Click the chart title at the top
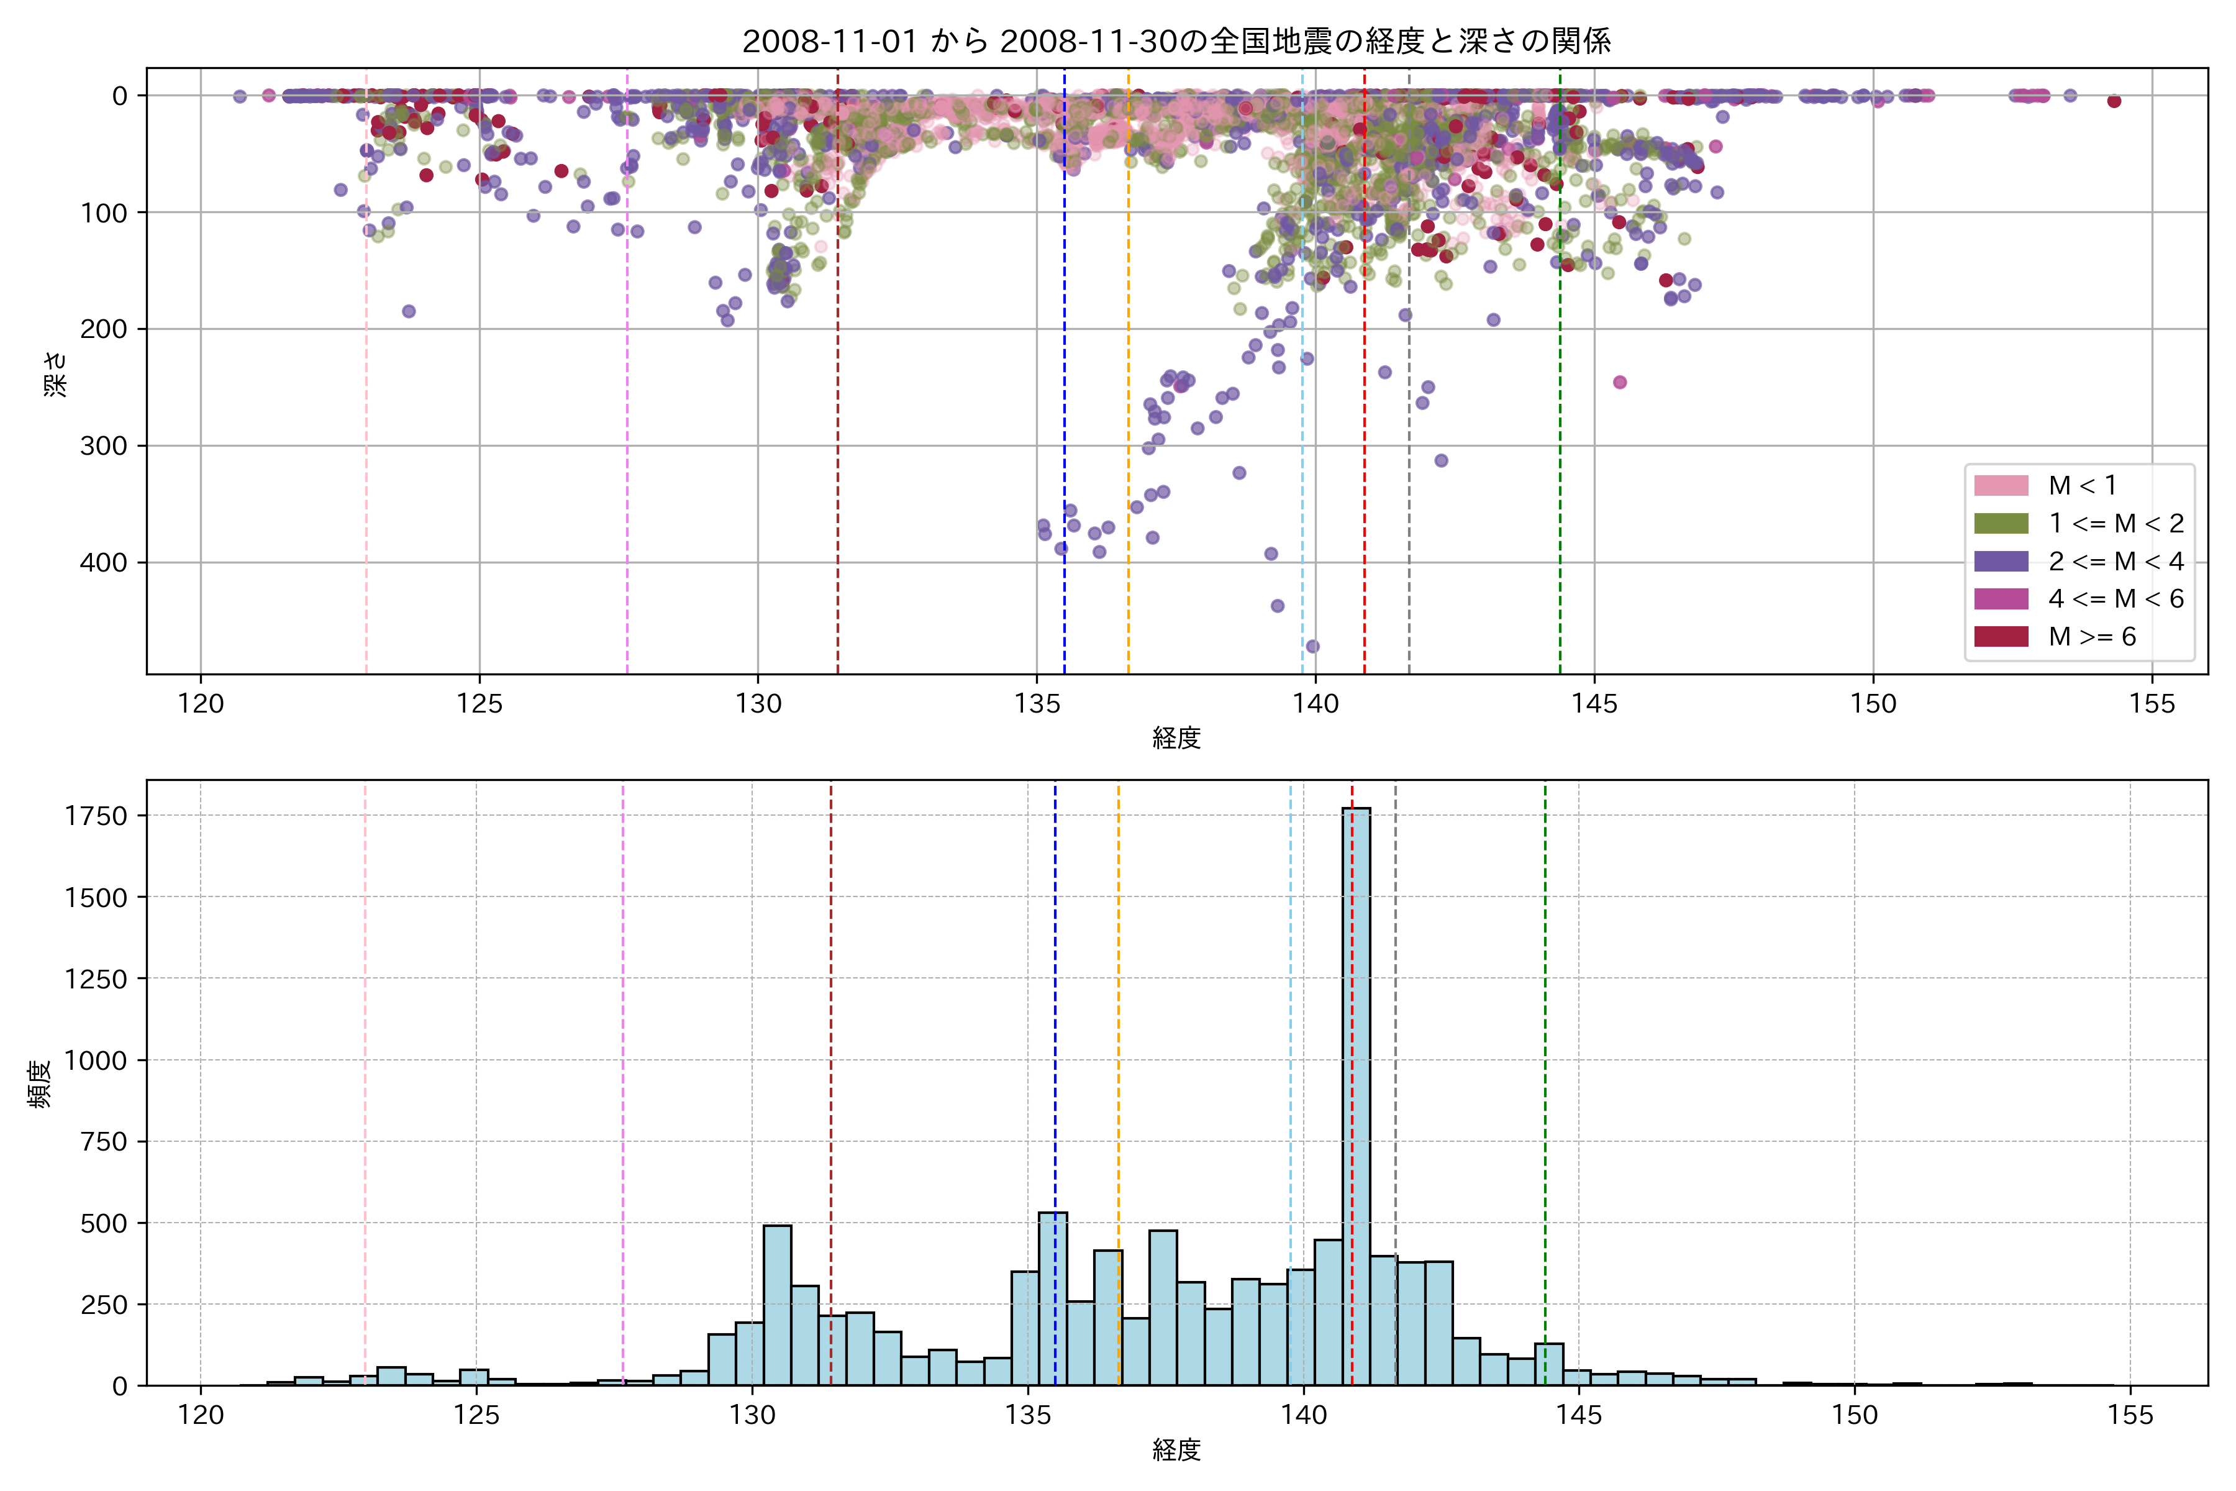[x=1176, y=41]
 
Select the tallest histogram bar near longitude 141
[x=1356, y=1093]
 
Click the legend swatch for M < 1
[x=2000, y=486]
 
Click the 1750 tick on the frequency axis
[x=95, y=816]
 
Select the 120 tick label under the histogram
[x=201, y=1416]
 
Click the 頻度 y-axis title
[x=40, y=1084]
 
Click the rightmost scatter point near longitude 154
[x=2114, y=101]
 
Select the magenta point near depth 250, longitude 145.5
[x=1620, y=382]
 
